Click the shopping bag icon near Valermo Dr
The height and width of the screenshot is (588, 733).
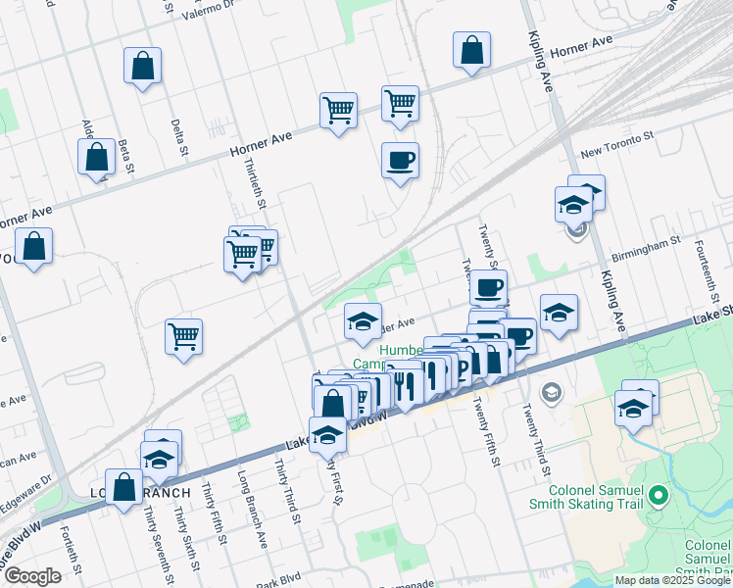point(143,67)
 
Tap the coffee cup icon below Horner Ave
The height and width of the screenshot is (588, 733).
point(400,160)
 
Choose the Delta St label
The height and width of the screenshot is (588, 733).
point(178,137)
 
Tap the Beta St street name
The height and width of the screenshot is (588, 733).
point(124,156)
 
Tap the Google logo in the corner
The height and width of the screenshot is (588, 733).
point(32,576)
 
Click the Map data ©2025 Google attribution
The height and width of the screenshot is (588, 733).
point(672,580)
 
